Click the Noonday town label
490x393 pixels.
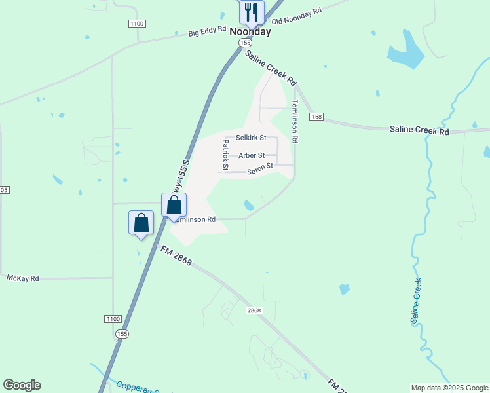pos(250,31)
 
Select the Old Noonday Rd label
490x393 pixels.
pos(297,15)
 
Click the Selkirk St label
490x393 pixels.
pos(251,138)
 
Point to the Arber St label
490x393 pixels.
pos(252,155)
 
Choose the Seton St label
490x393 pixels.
pos(259,170)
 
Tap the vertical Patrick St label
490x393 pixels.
pos(225,155)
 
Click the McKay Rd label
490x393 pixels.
pos(23,278)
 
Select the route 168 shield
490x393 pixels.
pos(317,116)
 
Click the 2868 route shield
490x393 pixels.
pos(254,310)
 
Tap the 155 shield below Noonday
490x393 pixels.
pos(245,42)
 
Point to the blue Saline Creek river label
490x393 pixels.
pos(415,301)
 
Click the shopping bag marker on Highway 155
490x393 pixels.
pos(174,205)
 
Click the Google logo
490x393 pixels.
pos(22,385)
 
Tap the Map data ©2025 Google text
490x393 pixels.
pos(449,388)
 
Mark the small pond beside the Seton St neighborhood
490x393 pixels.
pos(250,206)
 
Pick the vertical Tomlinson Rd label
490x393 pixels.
pos(295,121)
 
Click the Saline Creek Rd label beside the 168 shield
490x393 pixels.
pos(419,130)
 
